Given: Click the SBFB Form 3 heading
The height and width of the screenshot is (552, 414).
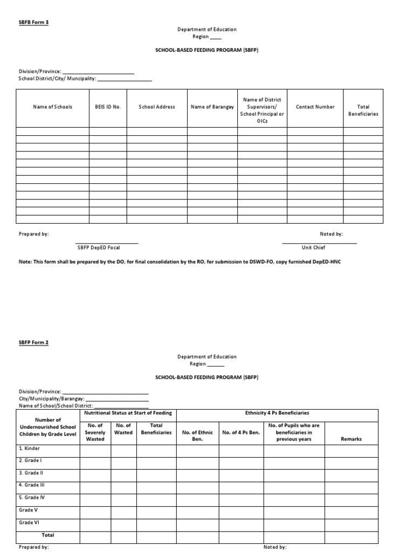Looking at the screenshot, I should click(x=33, y=22).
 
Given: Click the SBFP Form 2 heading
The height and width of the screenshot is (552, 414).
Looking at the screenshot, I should click(x=33, y=342).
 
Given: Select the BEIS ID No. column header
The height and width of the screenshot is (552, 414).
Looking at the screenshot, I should click(x=108, y=107).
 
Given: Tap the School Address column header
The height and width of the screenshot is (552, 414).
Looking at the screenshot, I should click(x=157, y=107).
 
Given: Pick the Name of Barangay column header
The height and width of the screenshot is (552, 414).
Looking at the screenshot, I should click(x=212, y=107).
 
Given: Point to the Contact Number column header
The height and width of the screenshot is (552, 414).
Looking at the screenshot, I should click(x=315, y=107).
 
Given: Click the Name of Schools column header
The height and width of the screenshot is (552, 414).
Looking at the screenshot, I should click(x=52, y=107).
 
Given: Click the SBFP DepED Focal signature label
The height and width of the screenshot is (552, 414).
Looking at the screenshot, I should click(x=99, y=247).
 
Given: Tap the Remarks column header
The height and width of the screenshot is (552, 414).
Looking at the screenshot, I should click(x=351, y=439).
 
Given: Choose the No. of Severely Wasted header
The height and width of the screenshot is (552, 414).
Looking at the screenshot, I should click(x=95, y=432).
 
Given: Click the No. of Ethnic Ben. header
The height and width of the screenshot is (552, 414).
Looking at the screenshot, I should click(x=198, y=432).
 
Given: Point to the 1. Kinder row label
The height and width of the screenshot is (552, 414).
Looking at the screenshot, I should click(x=30, y=448).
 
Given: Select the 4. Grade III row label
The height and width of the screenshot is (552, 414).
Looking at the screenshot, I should click(x=32, y=485).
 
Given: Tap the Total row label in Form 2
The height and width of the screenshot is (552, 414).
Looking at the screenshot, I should click(x=48, y=535).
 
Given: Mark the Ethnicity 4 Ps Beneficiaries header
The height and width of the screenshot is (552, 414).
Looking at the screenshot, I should click(x=277, y=413).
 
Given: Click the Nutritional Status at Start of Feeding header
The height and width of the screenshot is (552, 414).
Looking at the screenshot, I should click(x=128, y=413).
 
